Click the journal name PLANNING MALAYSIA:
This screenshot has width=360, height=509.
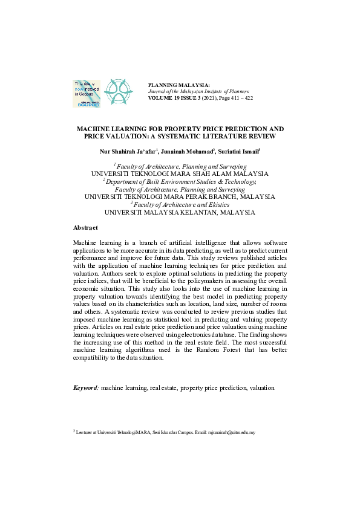pyautogui.click(x=178, y=85)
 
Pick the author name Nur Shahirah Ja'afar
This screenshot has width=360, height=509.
pyautogui.click(x=126, y=151)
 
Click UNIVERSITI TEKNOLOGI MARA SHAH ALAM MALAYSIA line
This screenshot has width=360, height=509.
pyautogui.click(x=180, y=172)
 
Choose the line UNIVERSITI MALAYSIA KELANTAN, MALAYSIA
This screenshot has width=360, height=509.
pyautogui.click(x=180, y=212)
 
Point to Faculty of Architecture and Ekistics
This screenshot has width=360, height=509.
pyautogui.click(x=180, y=204)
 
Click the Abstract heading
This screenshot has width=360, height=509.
pyautogui.click(x=86, y=227)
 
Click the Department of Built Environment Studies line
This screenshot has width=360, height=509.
pyautogui.click(x=180, y=180)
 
